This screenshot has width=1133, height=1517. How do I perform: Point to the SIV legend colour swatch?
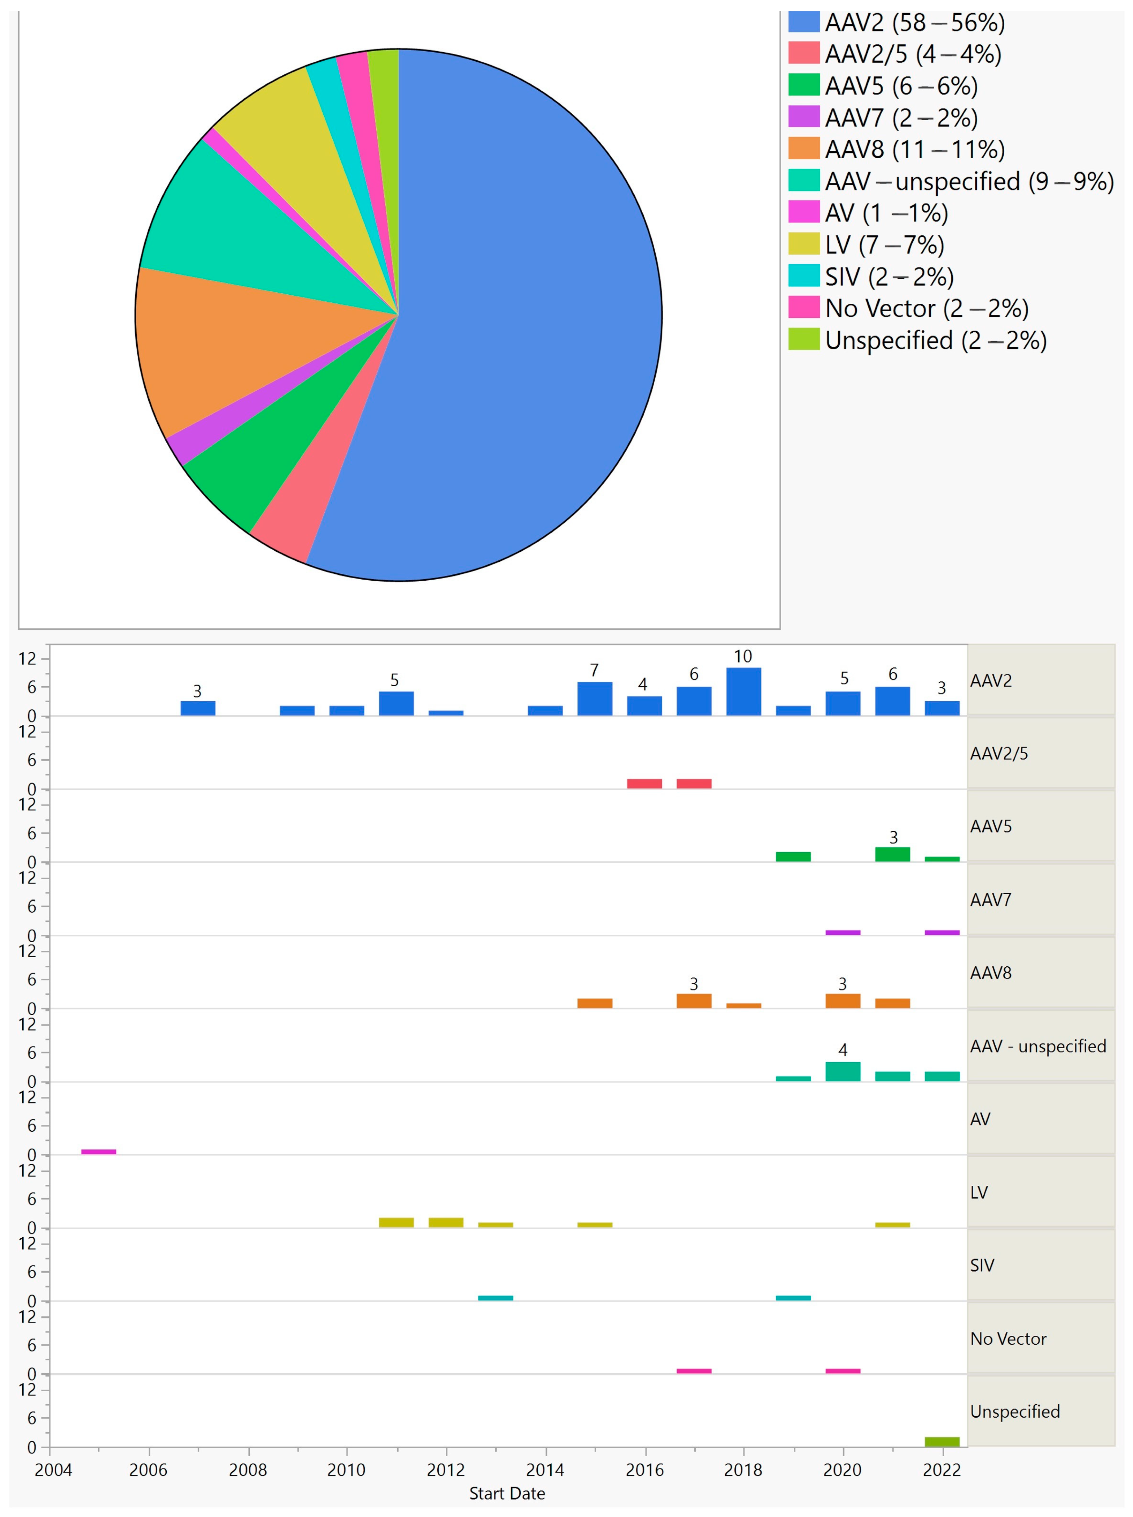(804, 277)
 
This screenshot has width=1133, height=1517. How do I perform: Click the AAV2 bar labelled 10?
(743, 691)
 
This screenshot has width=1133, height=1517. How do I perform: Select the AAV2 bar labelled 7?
(595, 699)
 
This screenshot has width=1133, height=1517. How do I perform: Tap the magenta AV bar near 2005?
(99, 1152)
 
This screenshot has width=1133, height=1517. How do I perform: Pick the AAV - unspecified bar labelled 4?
(843, 1072)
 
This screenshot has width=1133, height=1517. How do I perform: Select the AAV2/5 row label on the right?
(999, 754)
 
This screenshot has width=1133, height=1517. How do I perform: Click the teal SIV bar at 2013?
(495, 1298)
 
